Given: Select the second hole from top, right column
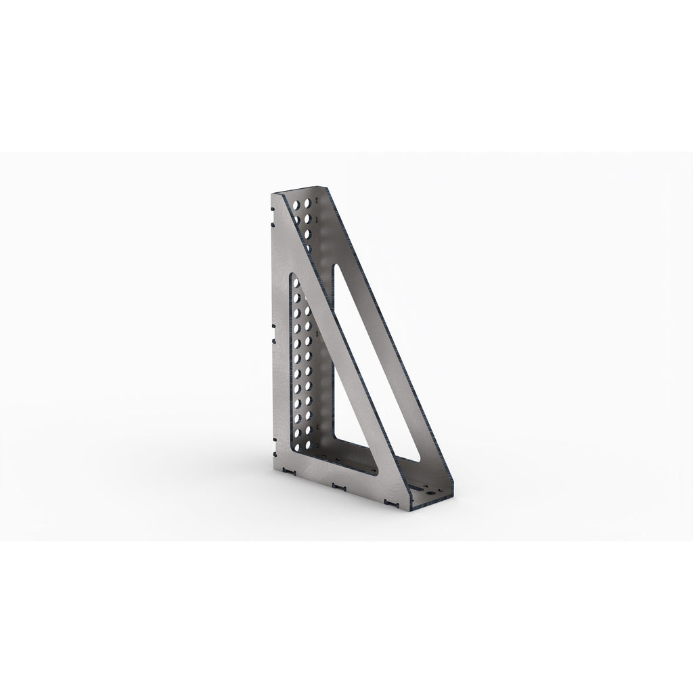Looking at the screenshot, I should pyautogui.click(x=309, y=218).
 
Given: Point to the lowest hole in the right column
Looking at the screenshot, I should pyautogui.click(x=309, y=428).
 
